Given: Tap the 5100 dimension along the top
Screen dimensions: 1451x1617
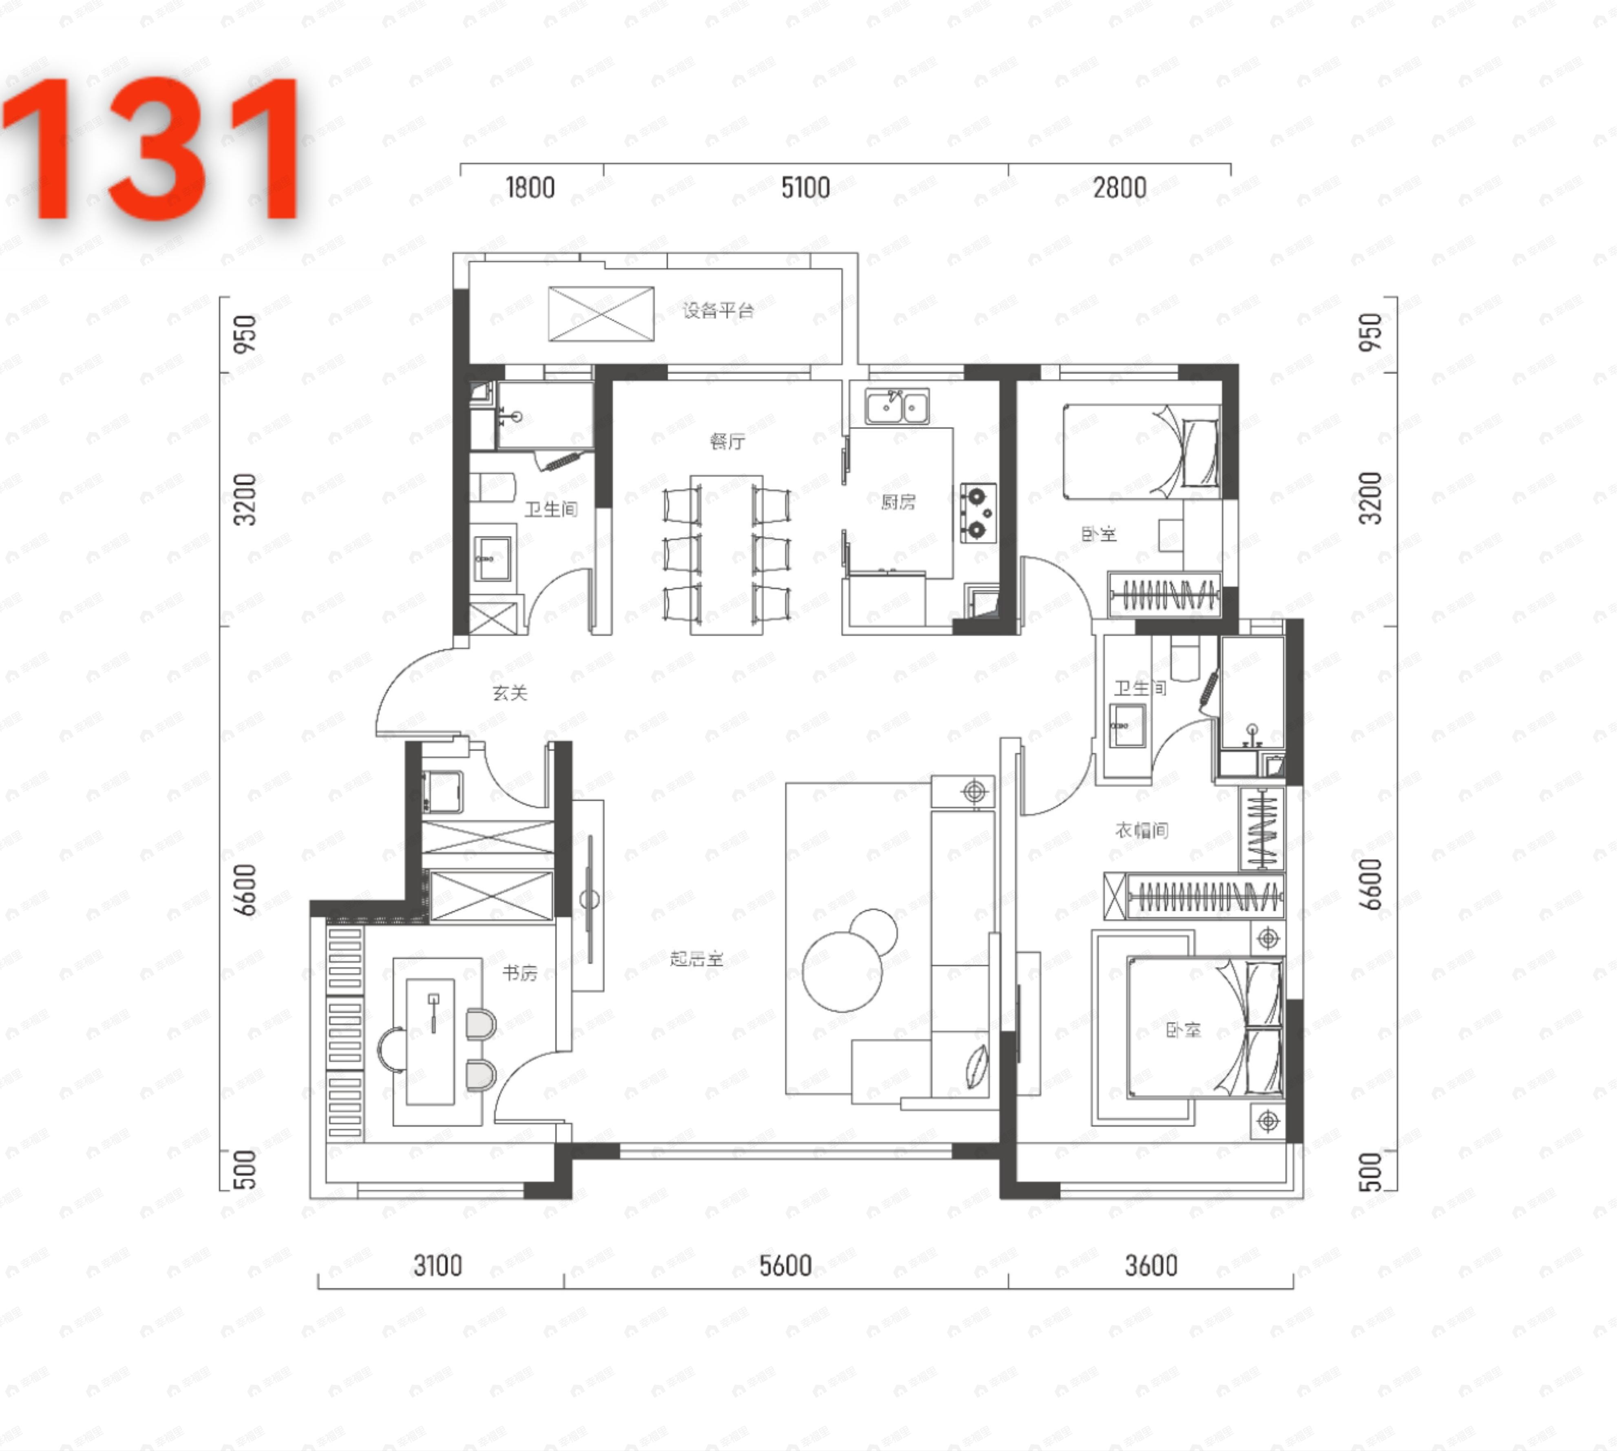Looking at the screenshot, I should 805,188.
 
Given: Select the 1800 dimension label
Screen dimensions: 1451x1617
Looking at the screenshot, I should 530,188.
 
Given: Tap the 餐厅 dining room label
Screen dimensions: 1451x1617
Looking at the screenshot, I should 727,441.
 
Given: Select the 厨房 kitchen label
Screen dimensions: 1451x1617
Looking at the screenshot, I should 898,502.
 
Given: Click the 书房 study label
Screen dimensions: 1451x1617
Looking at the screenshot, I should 519,973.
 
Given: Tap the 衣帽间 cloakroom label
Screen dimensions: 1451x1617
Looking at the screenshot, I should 1141,831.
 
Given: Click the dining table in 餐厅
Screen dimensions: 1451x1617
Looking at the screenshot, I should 726,554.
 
